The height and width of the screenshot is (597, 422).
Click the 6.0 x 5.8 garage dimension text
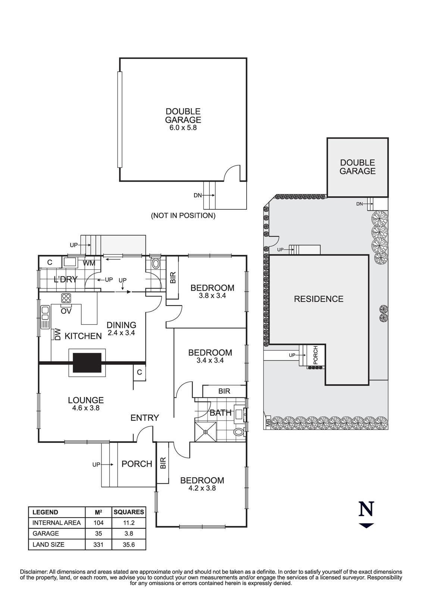pos(183,128)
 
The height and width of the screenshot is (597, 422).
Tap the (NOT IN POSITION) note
pos(183,216)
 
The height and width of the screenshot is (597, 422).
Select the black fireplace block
pos(87,363)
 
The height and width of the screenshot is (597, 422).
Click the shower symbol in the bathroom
pos(206,432)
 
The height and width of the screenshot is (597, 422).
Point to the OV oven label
pos(66,311)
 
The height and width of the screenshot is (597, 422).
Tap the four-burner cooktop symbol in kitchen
pos(66,298)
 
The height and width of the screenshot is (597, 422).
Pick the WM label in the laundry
pos(89,263)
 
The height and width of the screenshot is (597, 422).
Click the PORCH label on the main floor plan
pos(137,464)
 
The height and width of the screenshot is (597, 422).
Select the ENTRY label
pos(145,418)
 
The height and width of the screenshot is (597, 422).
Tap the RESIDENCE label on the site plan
pos(318,299)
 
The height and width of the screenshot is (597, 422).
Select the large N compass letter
pos(366,509)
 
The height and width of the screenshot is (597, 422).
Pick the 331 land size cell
pos(99,544)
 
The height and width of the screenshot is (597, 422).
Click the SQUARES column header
pos(129,512)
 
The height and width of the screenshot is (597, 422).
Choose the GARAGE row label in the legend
pos(46,534)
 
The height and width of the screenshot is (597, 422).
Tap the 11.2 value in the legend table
pos(129,523)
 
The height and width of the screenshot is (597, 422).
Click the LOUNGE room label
pos(86,400)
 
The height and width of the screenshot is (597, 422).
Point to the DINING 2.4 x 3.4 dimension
pos(121,333)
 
